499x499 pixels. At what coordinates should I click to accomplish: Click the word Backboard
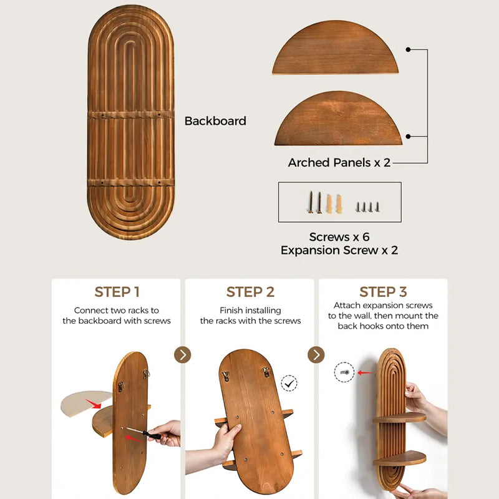tap(215, 121)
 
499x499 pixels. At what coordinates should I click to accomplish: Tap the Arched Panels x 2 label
tap(339, 163)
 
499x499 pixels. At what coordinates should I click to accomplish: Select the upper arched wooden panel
tap(335, 47)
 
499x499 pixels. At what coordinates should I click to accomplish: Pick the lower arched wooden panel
tap(338, 119)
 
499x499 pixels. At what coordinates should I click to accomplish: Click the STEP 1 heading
tap(117, 292)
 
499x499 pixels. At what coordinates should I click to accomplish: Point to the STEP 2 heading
tap(250, 292)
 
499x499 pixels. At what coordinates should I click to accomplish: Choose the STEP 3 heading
tap(383, 292)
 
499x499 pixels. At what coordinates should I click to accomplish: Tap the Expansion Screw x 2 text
tap(339, 250)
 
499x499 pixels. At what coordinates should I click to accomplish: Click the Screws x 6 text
tap(339, 237)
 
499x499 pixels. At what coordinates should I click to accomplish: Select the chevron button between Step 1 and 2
tap(183, 355)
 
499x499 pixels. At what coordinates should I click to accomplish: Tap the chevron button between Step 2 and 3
tap(316, 355)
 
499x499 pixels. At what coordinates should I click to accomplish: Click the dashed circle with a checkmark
tap(289, 383)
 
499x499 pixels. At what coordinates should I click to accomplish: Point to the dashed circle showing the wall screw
tap(344, 372)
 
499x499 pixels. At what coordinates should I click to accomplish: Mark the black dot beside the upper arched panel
tap(409, 49)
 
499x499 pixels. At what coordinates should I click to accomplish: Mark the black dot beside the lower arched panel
tap(409, 137)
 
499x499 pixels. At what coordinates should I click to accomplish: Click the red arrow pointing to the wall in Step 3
tap(365, 372)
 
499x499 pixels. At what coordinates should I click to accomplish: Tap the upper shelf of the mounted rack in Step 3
tap(399, 417)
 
